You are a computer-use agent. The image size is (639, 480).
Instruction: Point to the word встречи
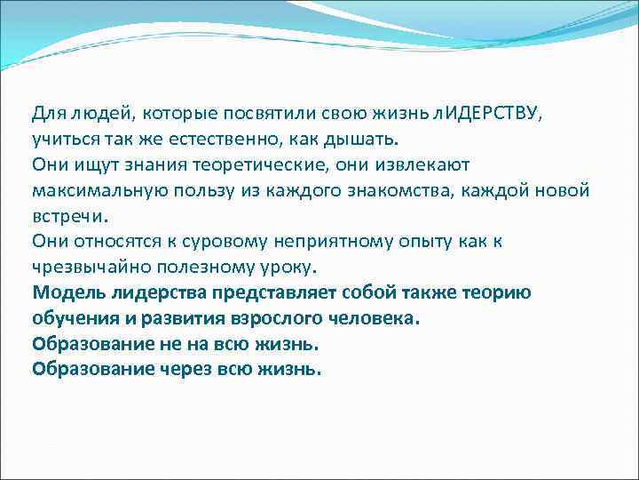(67, 216)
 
